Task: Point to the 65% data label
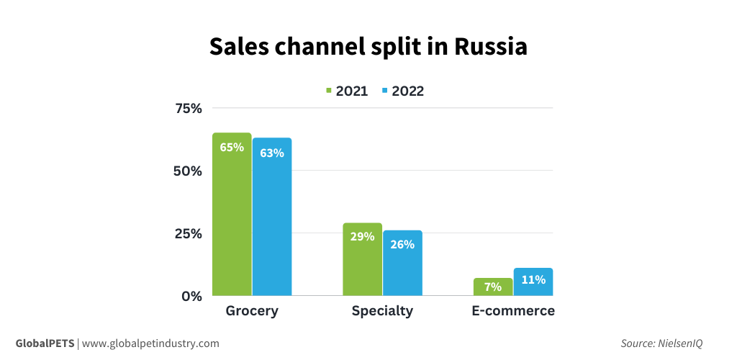[x=232, y=148]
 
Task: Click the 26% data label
[x=402, y=244]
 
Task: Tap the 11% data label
[x=533, y=279]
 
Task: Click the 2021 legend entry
[x=347, y=91]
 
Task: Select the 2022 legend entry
[x=403, y=91]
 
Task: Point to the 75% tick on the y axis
[x=189, y=109]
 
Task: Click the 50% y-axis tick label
[x=189, y=171]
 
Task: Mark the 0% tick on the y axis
[x=192, y=296]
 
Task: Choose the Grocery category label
[x=252, y=311]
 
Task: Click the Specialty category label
[x=382, y=311]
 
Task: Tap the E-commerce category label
[x=513, y=311]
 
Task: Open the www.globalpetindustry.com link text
[x=150, y=343]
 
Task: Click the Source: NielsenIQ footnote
[x=661, y=343]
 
